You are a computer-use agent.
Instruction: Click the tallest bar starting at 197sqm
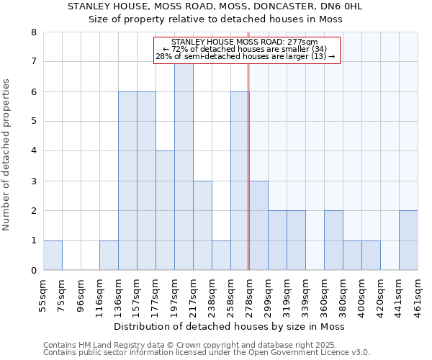[184, 167]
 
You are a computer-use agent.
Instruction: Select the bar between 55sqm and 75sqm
[53, 256]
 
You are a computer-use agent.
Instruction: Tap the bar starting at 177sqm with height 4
[165, 210]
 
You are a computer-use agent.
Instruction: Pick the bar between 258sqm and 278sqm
[240, 181]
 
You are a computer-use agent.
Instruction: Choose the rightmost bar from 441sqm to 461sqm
[408, 240]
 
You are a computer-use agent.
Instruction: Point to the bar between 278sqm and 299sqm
[258, 225]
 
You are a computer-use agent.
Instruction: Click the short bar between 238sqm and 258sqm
[221, 256]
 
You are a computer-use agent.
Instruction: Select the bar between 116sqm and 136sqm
[109, 256]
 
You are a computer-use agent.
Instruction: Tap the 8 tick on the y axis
[33, 32]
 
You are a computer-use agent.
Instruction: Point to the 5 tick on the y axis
[33, 122]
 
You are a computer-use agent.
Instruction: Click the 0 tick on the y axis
[33, 271]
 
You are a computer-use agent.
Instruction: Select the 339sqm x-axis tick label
[305, 291]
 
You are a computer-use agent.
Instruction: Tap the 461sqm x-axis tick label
[418, 291]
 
